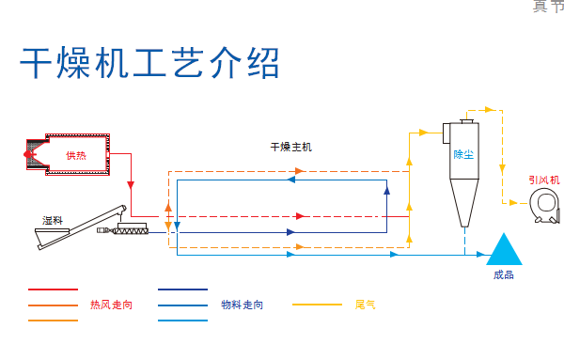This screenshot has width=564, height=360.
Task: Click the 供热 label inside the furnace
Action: pos(75,155)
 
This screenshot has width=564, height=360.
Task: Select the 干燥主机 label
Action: pos(290,148)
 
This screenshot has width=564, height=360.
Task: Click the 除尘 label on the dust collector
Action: pos(463,154)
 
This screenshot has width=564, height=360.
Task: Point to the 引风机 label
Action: pos(543,179)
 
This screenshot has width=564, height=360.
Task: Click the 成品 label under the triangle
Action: pos(504,275)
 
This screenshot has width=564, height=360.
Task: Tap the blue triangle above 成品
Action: pos(504,249)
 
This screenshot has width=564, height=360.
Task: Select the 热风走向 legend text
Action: pos(111,305)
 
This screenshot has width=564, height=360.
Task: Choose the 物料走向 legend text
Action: pos(242,305)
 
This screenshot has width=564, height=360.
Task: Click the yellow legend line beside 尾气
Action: pos(317,305)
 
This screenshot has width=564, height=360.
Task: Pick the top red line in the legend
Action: pos(53,290)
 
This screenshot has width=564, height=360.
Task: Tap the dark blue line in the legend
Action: pos(182,290)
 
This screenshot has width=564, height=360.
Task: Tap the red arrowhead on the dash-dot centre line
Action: pos(299,216)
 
